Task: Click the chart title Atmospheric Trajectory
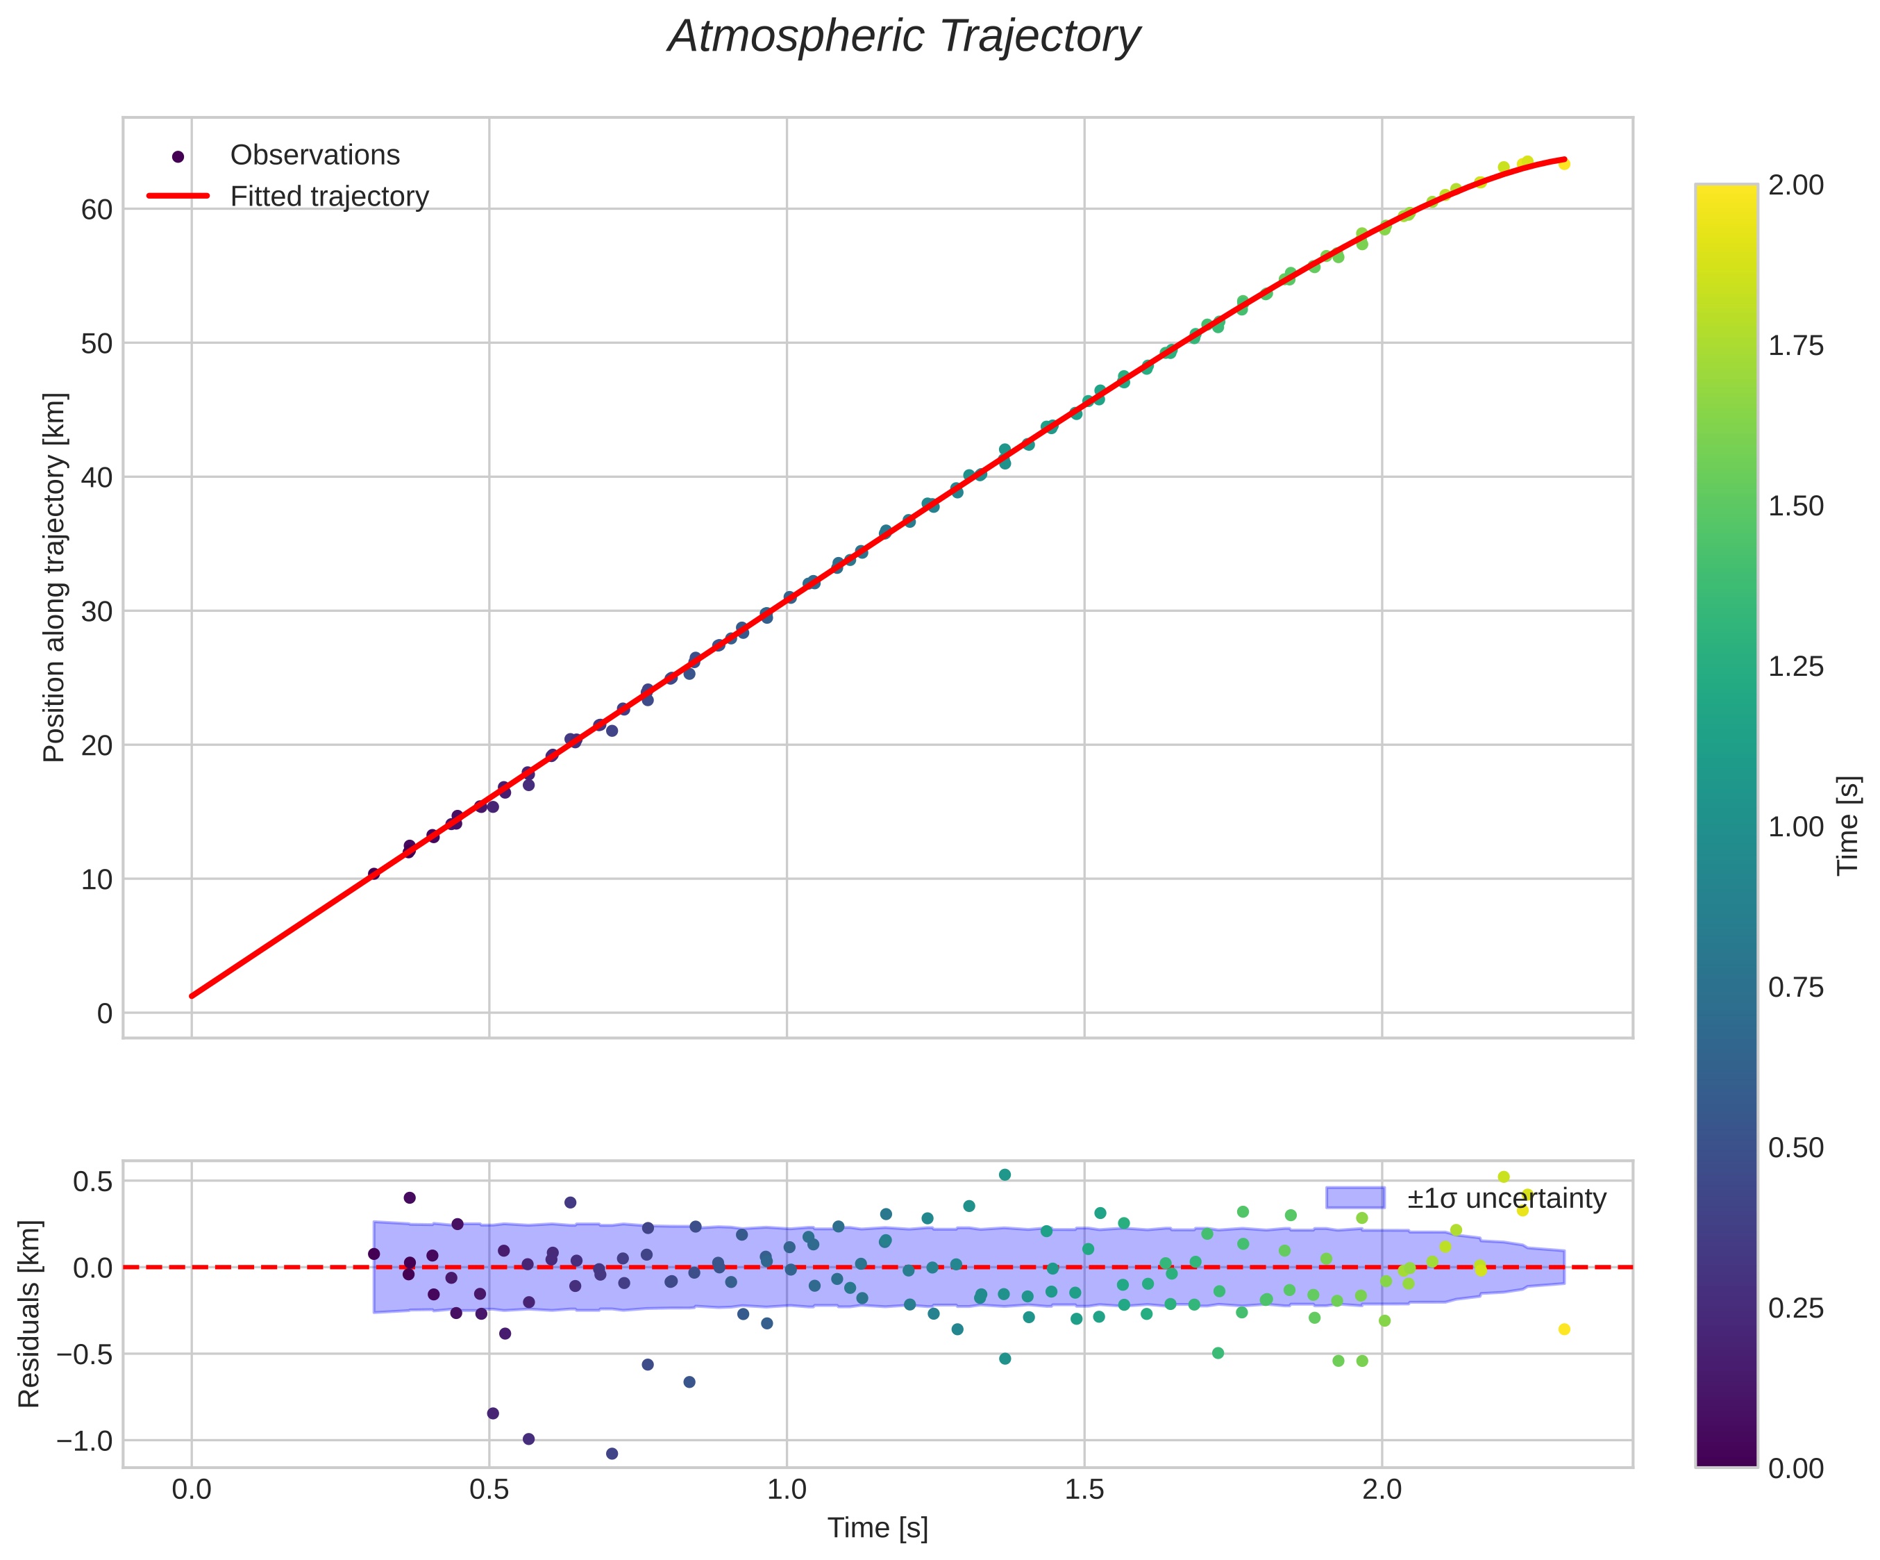[x=903, y=38]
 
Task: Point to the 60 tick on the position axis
[x=96, y=210]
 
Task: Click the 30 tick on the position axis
[x=96, y=613]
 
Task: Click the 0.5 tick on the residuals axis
[x=93, y=1182]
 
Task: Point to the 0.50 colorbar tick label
[x=1795, y=1148]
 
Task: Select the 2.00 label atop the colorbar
[x=1795, y=185]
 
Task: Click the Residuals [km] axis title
[x=30, y=1313]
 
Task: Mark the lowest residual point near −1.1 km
[x=612, y=1454]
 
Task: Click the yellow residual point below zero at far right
[x=1564, y=1329]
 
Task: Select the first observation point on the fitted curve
[x=374, y=874]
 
